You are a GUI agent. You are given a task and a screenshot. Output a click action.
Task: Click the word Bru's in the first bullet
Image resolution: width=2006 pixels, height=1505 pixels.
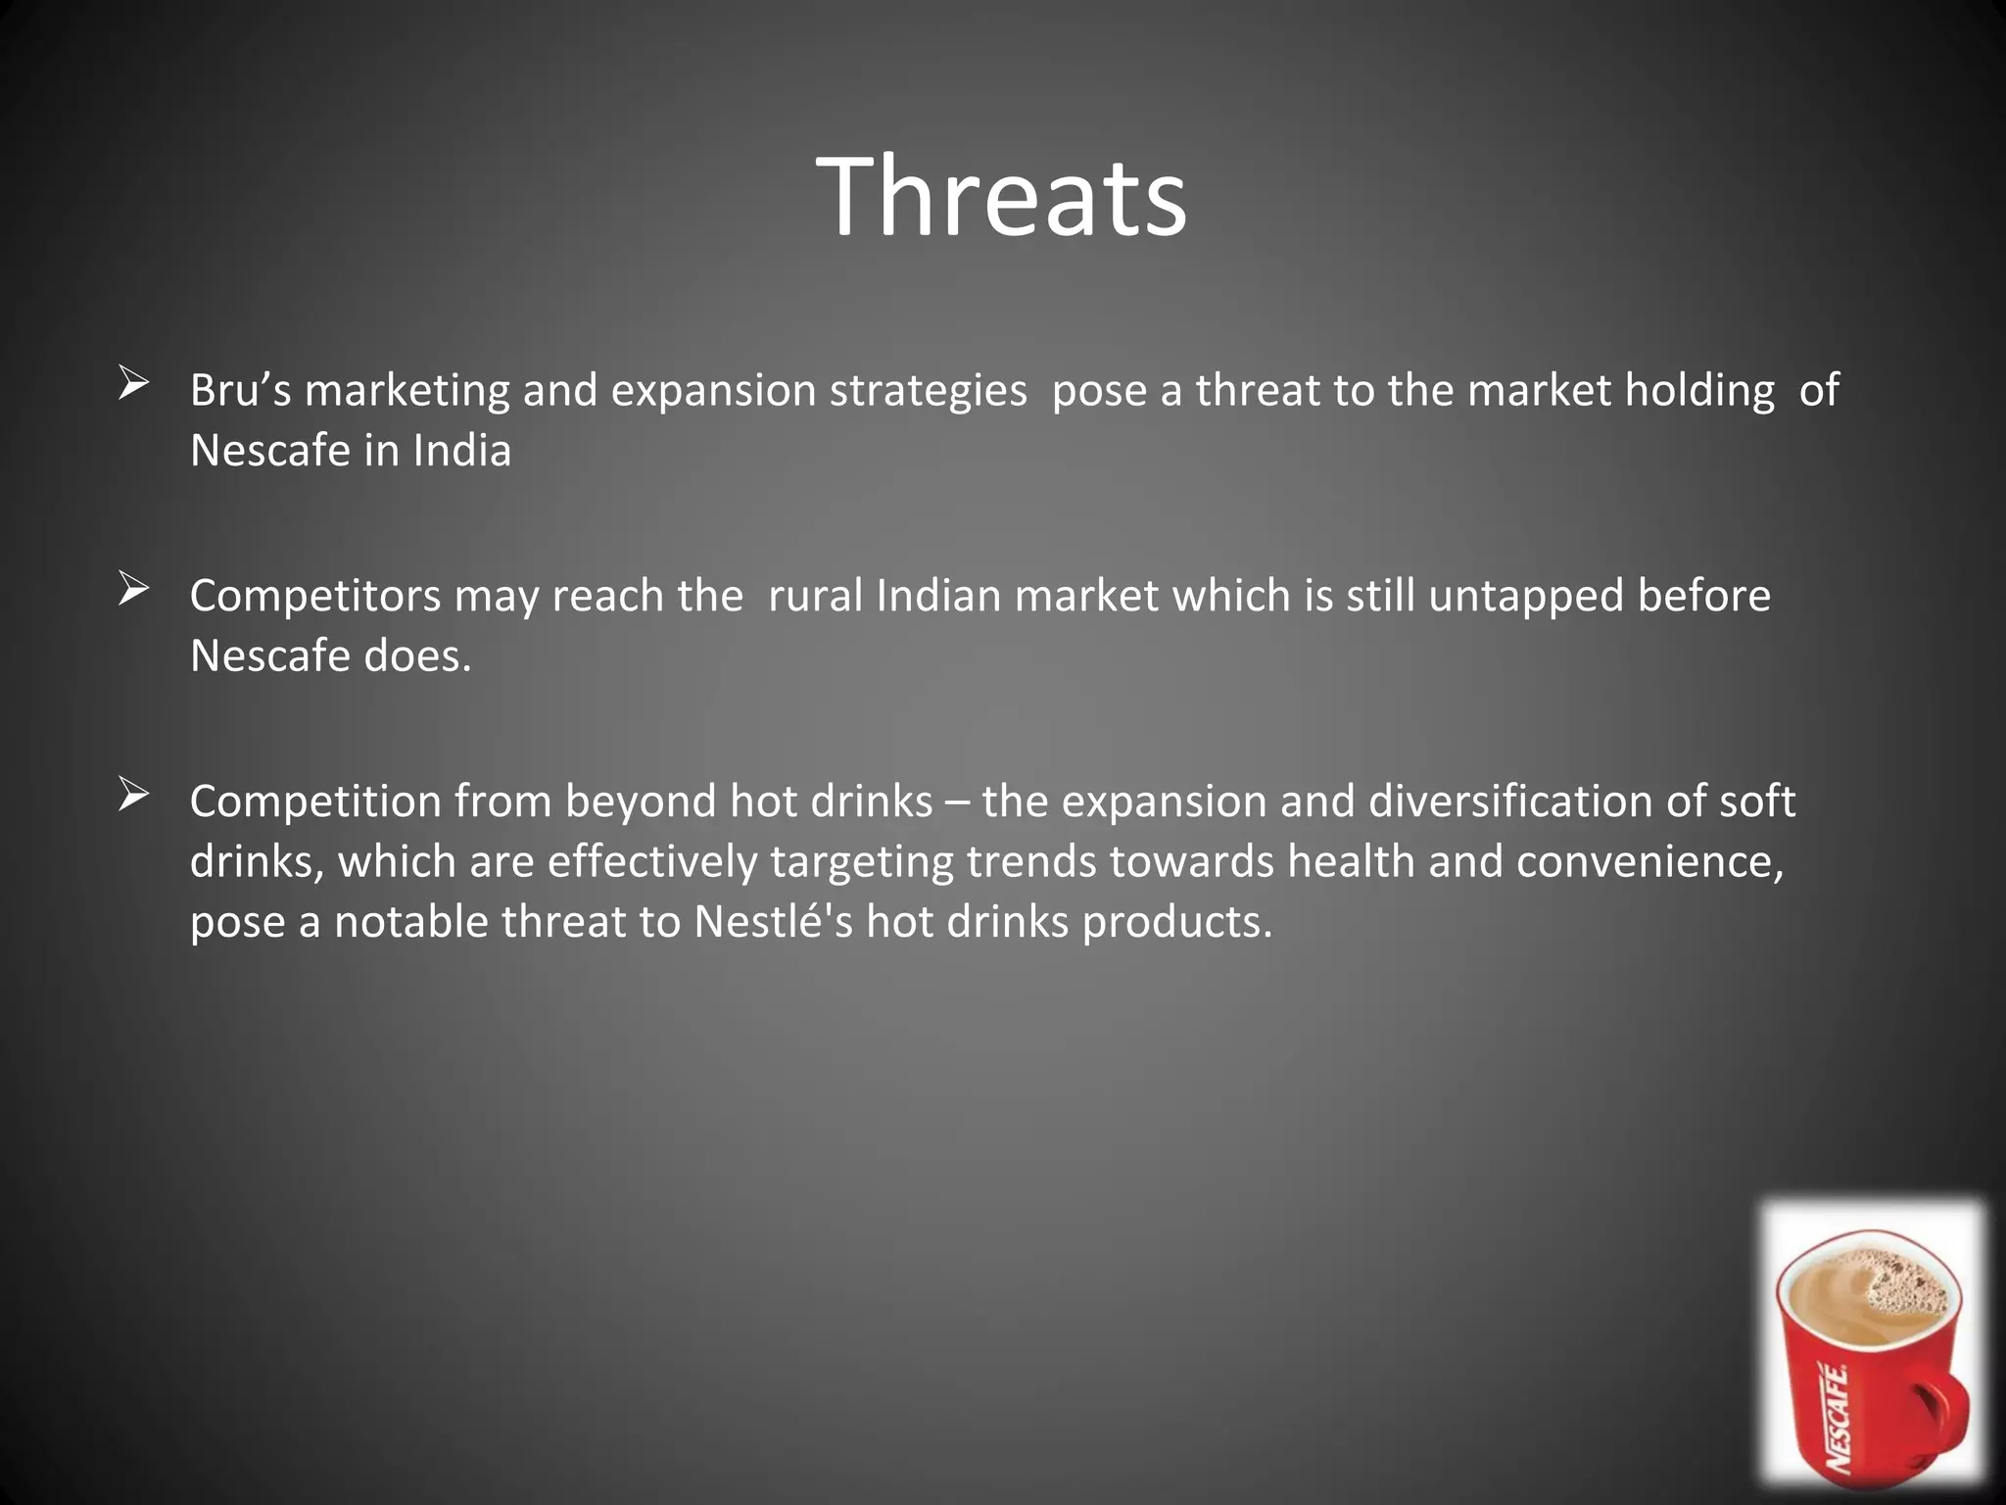pyautogui.click(x=240, y=391)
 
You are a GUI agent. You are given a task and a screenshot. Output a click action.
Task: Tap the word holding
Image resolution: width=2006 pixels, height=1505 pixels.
pyautogui.click(x=1699, y=391)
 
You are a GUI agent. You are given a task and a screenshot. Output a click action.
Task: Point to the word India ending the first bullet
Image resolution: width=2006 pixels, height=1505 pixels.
pyautogui.click(x=461, y=452)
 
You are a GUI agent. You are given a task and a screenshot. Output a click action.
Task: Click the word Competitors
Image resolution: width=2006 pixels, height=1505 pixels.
pyautogui.click(x=315, y=597)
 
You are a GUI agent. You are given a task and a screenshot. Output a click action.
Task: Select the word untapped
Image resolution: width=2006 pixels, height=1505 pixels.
pyautogui.click(x=1525, y=597)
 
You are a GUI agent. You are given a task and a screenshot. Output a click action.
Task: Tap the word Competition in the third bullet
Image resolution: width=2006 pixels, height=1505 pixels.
pyautogui.click(x=315, y=802)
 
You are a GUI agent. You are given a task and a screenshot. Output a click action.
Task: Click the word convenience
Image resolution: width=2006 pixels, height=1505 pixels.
pyautogui.click(x=1649, y=863)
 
